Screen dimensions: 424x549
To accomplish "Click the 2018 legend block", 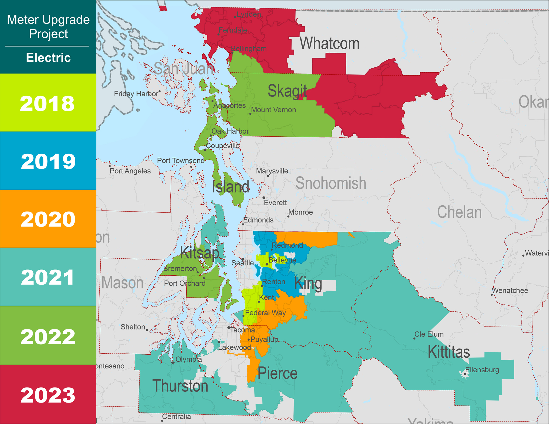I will tap(48, 103).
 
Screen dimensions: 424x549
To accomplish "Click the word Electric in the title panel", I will tap(48, 58).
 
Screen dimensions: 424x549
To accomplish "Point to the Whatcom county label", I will tap(329, 43).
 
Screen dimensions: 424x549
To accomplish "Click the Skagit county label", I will tap(287, 91).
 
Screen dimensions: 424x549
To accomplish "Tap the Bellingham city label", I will tap(249, 48).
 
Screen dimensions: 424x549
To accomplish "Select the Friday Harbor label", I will tap(136, 94).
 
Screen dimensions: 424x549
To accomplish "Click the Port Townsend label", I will tap(180, 161).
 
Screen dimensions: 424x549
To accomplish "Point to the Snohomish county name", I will tap(331, 183).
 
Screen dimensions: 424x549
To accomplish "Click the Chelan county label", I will tap(459, 212).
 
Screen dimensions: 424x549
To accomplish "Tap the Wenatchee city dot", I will tap(492, 295).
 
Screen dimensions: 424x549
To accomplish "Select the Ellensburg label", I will tap(482, 370).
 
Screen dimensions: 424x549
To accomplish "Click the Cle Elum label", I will tap(429, 334).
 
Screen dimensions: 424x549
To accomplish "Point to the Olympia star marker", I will tap(173, 363).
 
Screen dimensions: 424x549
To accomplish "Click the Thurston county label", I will tap(180, 386).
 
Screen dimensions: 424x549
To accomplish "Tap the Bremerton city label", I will tap(180, 268).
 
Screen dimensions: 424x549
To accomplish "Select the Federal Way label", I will tap(265, 313).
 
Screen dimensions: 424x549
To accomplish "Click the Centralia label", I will tap(176, 417).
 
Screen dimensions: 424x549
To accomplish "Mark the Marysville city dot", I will tap(268, 176).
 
